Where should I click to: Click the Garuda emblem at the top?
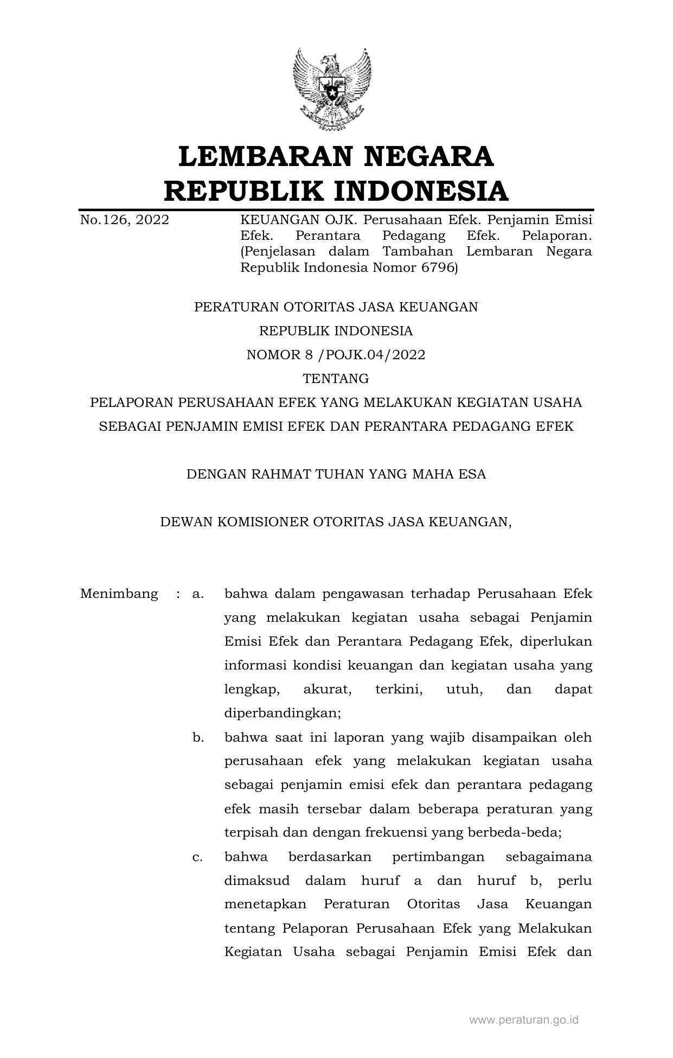(x=331, y=89)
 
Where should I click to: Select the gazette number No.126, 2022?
(x=124, y=220)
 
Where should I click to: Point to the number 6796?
(x=440, y=267)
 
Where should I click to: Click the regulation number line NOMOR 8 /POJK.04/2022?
(x=336, y=355)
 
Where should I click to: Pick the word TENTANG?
(x=336, y=378)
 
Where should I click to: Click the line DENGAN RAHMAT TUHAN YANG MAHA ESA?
(x=336, y=474)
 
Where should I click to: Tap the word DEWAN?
(x=187, y=522)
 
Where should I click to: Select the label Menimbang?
(x=119, y=594)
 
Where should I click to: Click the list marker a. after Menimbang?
(x=197, y=594)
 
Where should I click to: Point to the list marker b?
(x=197, y=737)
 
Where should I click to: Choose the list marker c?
(x=197, y=857)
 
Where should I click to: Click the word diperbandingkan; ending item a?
(x=283, y=713)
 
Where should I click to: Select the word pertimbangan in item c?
(x=438, y=857)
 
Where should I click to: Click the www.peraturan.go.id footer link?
(x=523, y=1020)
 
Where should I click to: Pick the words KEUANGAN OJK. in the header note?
(x=299, y=220)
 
